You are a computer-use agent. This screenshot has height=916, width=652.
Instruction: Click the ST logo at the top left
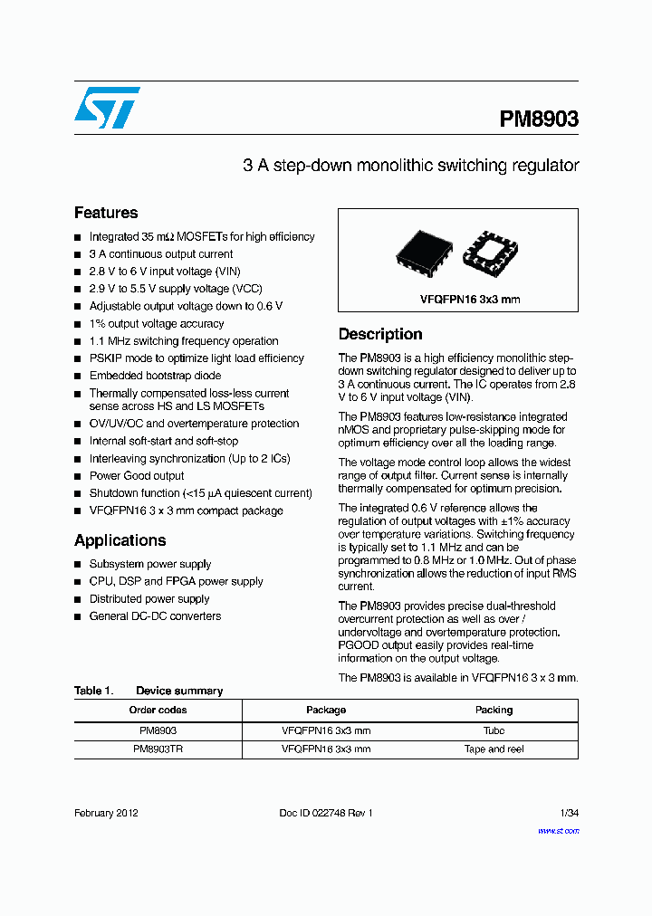107,108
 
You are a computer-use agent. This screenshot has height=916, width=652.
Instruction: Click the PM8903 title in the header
539,119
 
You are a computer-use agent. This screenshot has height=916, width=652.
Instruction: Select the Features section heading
106,213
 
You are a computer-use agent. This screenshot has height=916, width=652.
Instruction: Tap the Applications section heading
120,540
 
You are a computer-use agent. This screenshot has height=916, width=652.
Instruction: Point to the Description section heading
380,334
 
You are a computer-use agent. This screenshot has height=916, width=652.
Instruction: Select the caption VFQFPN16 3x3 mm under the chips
457,300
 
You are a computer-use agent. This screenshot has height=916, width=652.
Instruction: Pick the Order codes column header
158,711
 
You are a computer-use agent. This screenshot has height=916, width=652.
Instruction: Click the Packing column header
494,711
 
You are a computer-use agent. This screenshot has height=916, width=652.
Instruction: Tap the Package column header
326,711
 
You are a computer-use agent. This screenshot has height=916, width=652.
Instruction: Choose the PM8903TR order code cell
158,749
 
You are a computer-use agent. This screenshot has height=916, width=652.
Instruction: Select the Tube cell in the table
494,730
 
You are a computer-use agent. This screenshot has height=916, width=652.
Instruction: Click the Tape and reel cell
494,749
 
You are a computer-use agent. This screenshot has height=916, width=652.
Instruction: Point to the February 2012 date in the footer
106,813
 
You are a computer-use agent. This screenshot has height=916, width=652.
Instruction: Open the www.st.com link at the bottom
558,830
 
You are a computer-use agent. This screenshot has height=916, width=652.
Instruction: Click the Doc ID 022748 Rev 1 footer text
326,813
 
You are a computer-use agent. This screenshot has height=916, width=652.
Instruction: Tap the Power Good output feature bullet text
136,476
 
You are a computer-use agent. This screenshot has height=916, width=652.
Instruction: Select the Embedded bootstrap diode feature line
155,376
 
